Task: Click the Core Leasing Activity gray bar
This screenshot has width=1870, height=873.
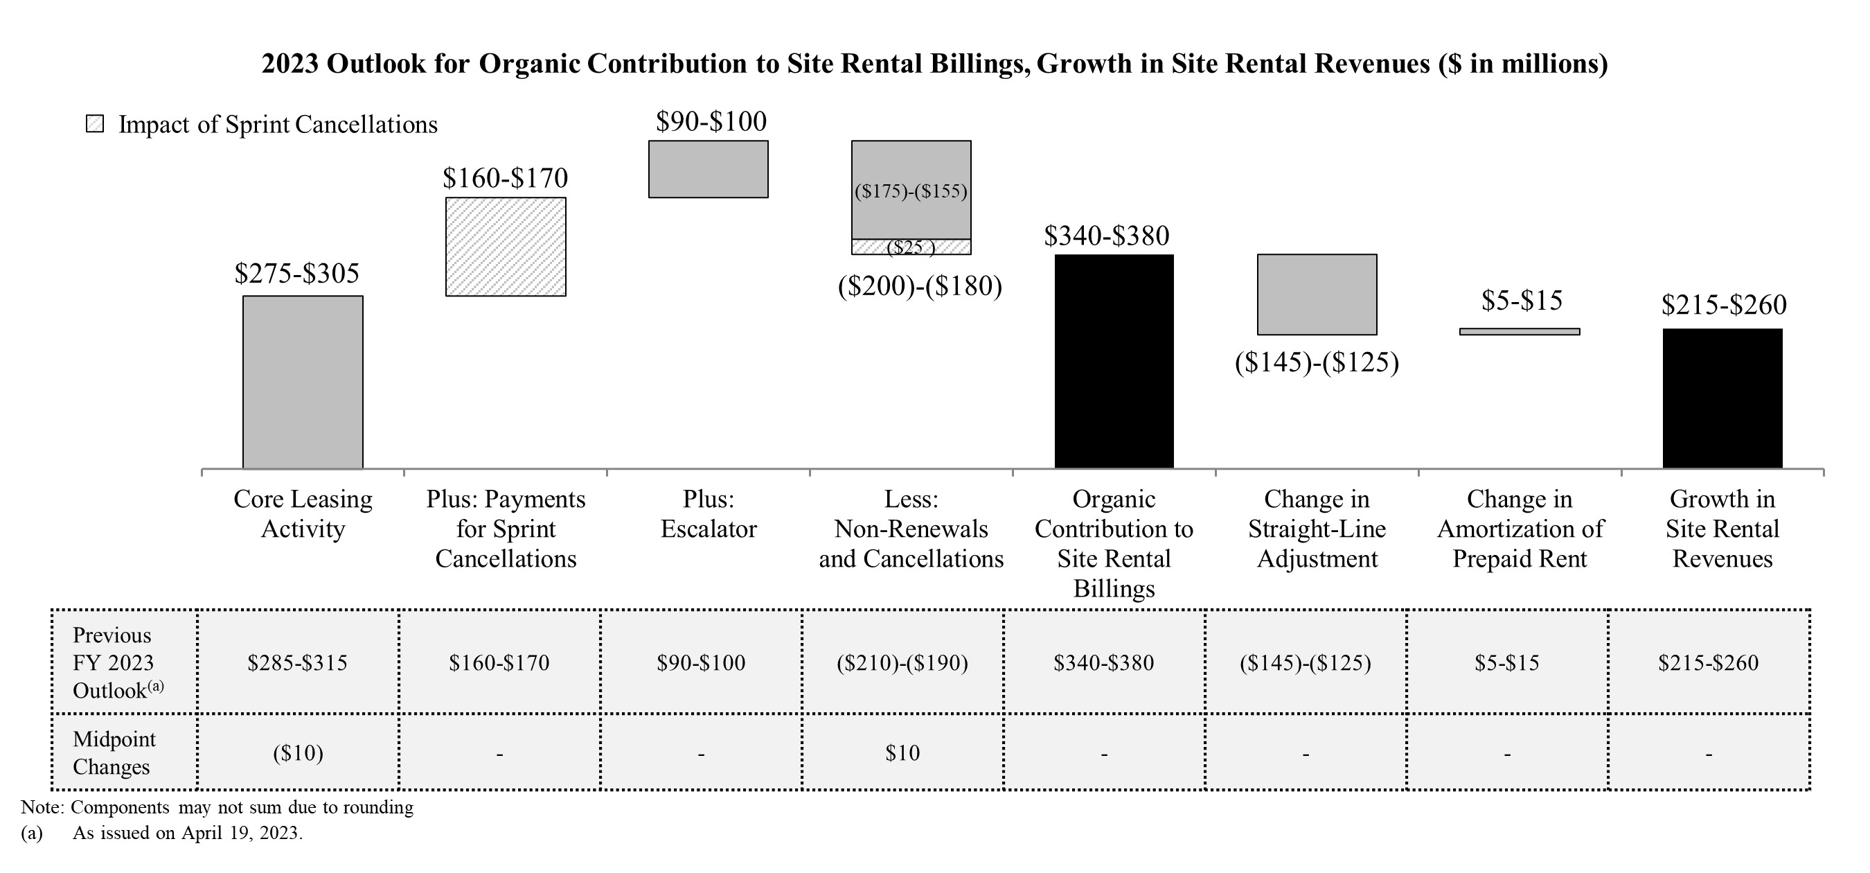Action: click(303, 382)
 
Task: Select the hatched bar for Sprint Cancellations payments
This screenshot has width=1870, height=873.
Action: click(506, 247)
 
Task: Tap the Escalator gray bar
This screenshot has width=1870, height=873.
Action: click(708, 169)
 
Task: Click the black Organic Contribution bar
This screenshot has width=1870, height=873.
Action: click(1114, 361)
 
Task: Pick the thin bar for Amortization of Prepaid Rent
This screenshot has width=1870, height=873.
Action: click(1520, 332)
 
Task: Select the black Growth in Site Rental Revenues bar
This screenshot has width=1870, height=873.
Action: click(1722, 398)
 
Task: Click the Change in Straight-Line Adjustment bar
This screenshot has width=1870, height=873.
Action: click(1317, 294)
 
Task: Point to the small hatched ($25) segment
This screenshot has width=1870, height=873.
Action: click(911, 247)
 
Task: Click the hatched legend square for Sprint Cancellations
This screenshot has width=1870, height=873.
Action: click(95, 124)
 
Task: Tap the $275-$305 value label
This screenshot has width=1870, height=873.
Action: click(297, 274)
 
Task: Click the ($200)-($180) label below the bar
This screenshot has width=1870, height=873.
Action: click(920, 286)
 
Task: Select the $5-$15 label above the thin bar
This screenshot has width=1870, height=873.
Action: click(1522, 301)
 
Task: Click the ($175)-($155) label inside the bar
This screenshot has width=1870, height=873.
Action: click(911, 191)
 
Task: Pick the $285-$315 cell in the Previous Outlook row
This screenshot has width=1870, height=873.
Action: click(297, 662)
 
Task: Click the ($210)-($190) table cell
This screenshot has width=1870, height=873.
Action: click(902, 662)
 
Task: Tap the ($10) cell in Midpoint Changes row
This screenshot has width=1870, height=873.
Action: click(298, 753)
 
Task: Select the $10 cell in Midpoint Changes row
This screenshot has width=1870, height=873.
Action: click(902, 753)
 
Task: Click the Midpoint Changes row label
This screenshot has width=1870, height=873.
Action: click(114, 752)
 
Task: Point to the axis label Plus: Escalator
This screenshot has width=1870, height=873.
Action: click(708, 513)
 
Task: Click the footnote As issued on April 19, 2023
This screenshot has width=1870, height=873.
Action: click(187, 833)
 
